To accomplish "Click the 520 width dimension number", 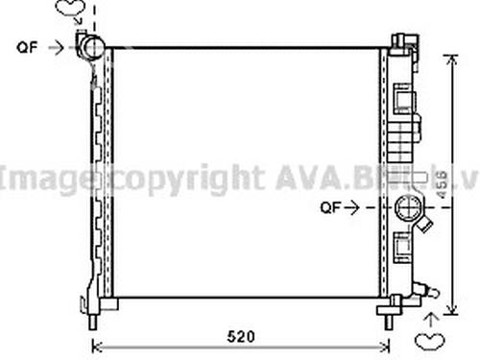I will point(242,337).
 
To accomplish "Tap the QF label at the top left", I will point(28,44).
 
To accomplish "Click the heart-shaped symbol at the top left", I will point(67,11).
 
